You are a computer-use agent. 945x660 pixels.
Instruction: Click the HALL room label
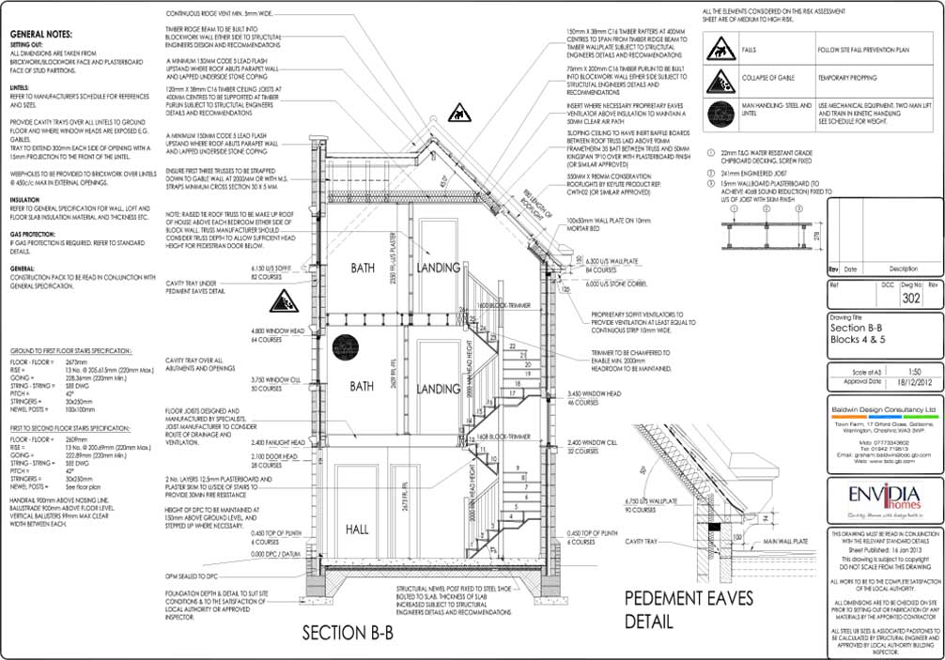pos(357,529)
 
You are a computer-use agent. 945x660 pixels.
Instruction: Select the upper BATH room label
pos(362,268)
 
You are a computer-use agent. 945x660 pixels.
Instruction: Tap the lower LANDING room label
pos(438,388)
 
